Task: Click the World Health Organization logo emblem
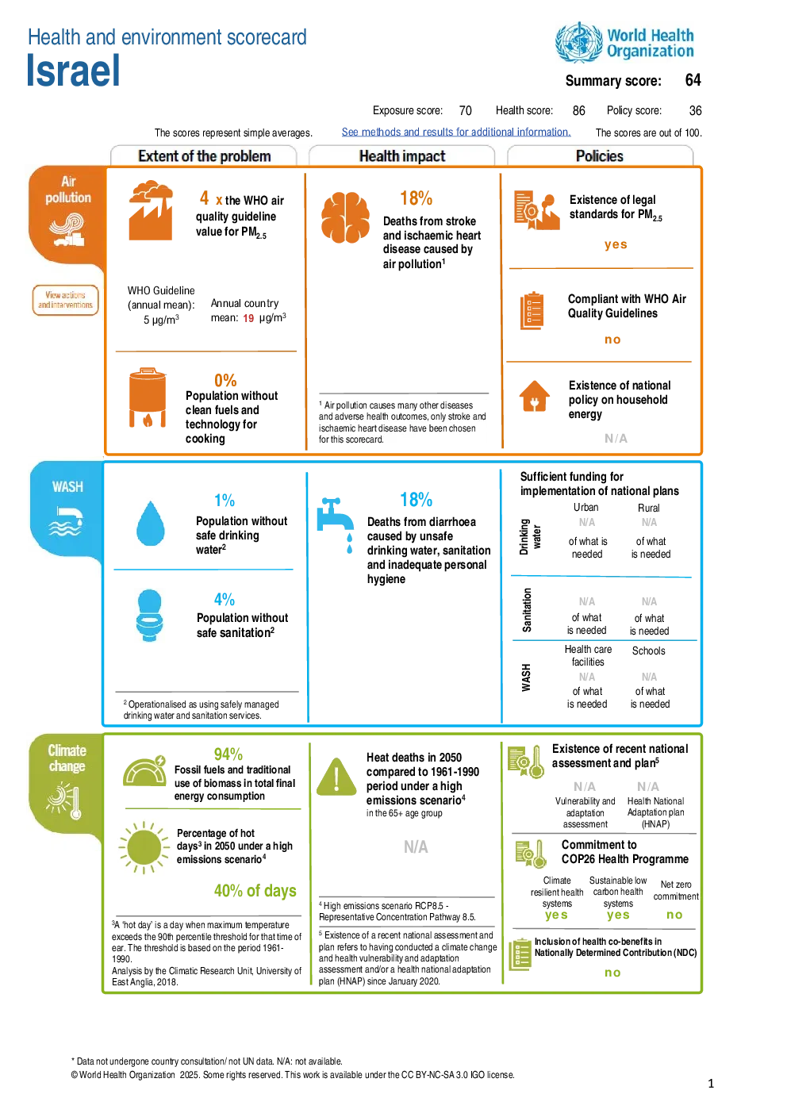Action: (x=579, y=42)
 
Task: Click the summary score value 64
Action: (x=693, y=80)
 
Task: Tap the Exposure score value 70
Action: (x=465, y=110)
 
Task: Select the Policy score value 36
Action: (x=695, y=110)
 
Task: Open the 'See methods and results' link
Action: (x=455, y=132)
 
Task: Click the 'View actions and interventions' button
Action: (x=65, y=300)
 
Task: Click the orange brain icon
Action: (x=345, y=217)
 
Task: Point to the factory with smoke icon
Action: (x=151, y=210)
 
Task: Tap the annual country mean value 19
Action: (x=248, y=318)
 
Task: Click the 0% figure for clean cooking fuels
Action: (x=225, y=381)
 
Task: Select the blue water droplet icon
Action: (x=150, y=524)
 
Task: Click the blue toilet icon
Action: (x=149, y=615)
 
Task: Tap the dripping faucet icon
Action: (x=336, y=524)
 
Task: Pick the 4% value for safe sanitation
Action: (x=224, y=599)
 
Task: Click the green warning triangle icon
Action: (x=336, y=777)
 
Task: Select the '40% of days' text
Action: (x=255, y=890)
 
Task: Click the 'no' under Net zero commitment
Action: (x=674, y=915)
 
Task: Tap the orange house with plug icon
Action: (x=534, y=396)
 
